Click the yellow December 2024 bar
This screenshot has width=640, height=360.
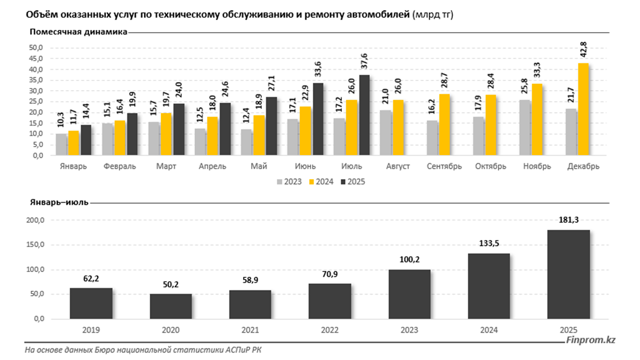[x=584, y=109]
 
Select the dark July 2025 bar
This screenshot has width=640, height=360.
[x=364, y=115]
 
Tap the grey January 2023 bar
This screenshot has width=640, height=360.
[x=61, y=144]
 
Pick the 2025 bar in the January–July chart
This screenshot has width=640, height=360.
[x=569, y=274]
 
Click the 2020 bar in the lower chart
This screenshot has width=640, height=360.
[x=171, y=306]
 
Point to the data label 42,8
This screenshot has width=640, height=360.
[x=583, y=50]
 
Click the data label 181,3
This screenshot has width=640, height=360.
[x=569, y=220]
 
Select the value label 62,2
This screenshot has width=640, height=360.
[x=91, y=279]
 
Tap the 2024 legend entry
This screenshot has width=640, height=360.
[x=321, y=182]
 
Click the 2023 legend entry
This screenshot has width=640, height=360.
[x=289, y=182]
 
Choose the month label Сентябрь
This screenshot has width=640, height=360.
[x=444, y=166]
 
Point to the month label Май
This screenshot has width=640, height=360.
[x=259, y=166]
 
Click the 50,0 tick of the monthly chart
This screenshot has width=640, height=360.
[x=36, y=48]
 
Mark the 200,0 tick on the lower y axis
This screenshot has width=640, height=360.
[x=36, y=221]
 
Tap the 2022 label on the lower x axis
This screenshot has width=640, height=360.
[x=329, y=330]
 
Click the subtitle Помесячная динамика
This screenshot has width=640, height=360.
[x=78, y=32]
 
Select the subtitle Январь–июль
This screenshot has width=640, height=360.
[x=59, y=202]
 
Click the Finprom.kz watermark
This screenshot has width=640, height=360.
[x=591, y=340]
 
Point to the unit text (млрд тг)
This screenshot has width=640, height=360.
[x=432, y=15]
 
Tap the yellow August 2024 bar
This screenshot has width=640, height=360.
[x=399, y=127]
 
